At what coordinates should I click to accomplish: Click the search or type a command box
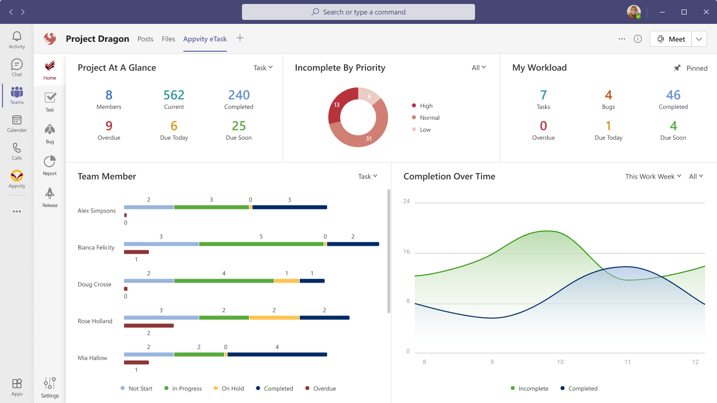tap(358, 12)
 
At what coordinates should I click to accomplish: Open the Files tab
tap(168, 39)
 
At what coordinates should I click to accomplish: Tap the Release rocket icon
tap(50, 194)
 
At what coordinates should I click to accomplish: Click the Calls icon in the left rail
tap(17, 148)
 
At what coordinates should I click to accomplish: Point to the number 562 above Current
tap(174, 95)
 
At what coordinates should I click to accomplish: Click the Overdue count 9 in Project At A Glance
tap(109, 126)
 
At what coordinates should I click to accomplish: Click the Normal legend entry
tap(429, 118)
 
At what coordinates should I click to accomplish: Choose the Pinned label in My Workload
tap(696, 68)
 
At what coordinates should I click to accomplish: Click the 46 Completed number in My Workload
tap(673, 95)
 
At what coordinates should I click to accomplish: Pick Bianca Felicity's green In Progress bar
tap(261, 244)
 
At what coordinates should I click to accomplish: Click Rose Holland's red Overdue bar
tap(148, 325)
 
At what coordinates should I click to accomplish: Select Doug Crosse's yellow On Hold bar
tap(286, 281)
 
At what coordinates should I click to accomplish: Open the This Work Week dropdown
tap(653, 177)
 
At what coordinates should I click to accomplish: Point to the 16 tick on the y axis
tap(406, 252)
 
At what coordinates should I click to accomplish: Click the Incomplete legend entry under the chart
tap(533, 389)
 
